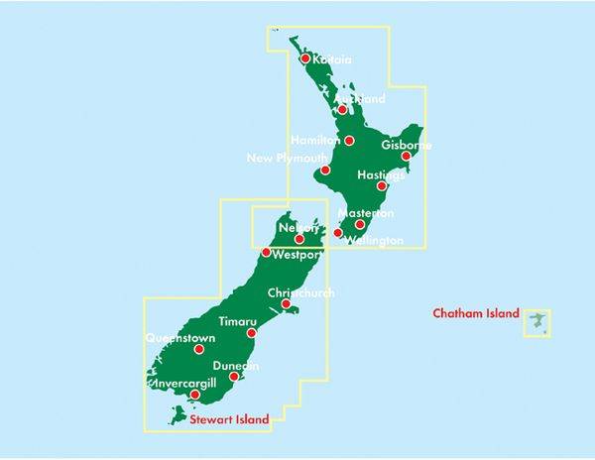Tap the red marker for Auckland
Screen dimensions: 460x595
342,109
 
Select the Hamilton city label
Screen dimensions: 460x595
315,140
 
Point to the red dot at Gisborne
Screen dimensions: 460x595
406,156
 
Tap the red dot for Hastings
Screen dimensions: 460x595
382,185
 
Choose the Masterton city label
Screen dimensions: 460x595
366,213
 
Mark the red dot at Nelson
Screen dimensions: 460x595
299,239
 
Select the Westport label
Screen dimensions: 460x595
297,255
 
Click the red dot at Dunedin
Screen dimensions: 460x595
233,377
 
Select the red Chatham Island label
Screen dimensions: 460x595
476,314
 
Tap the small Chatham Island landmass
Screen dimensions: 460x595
536,322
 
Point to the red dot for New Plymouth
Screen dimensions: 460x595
324,170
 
